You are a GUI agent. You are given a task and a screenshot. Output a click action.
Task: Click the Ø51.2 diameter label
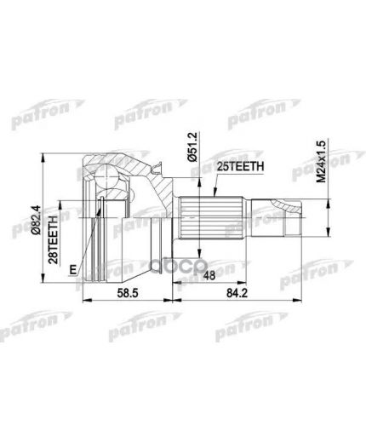click(195, 151)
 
